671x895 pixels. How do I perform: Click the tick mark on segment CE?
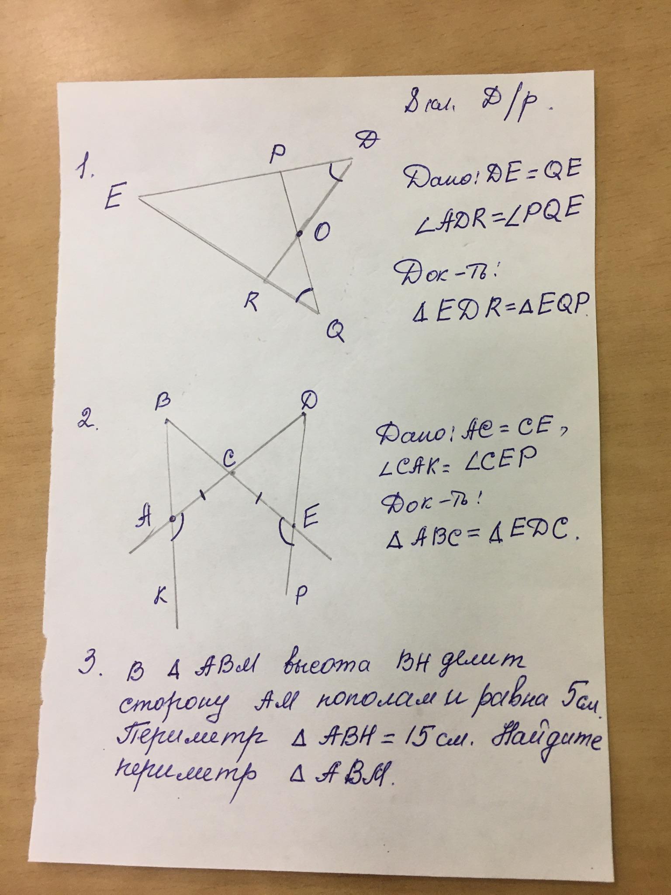[x=259, y=497]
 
